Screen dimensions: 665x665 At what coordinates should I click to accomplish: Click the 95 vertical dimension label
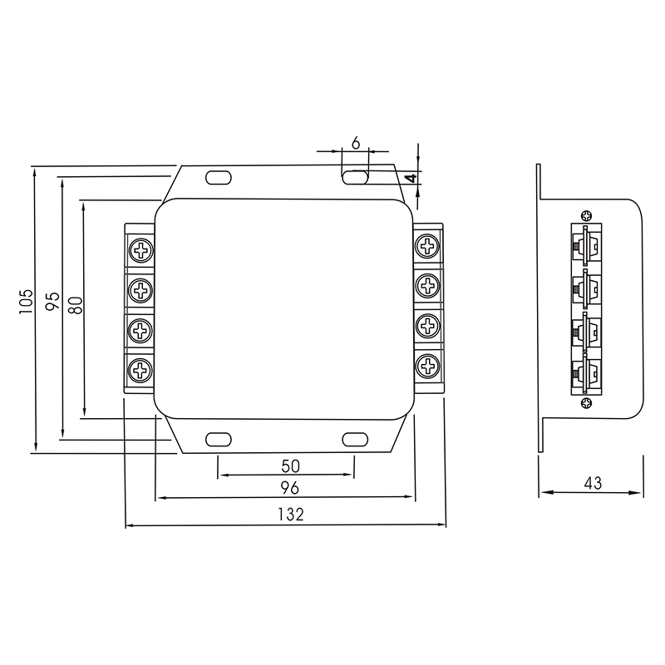52,301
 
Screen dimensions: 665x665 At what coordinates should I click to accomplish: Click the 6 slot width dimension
355,144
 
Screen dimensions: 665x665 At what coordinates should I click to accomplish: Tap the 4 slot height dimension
410,178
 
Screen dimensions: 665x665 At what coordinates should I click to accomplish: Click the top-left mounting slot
218,176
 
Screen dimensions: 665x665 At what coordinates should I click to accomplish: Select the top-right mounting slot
355,176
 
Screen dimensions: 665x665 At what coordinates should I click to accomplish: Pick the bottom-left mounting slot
218,440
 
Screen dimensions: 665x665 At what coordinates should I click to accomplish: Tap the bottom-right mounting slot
355,440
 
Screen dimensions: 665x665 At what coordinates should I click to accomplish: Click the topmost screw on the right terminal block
428,245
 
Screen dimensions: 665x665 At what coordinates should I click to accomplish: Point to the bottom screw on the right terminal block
428,364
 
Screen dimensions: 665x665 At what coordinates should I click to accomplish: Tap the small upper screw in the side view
588,214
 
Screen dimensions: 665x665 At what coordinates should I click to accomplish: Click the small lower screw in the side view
588,404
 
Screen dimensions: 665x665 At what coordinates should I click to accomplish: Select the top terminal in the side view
586,245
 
